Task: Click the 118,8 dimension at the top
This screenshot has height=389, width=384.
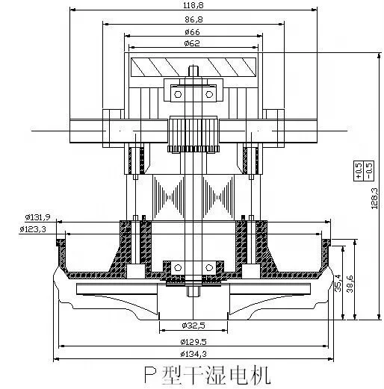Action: pos(193,5)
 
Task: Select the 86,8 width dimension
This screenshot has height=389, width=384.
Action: pos(193,19)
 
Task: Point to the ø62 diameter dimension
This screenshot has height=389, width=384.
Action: pos(193,46)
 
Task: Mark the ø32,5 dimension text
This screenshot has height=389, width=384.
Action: pos(193,326)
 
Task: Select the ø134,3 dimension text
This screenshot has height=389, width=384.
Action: pos(193,353)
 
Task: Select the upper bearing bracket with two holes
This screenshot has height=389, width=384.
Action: pos(193,93)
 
